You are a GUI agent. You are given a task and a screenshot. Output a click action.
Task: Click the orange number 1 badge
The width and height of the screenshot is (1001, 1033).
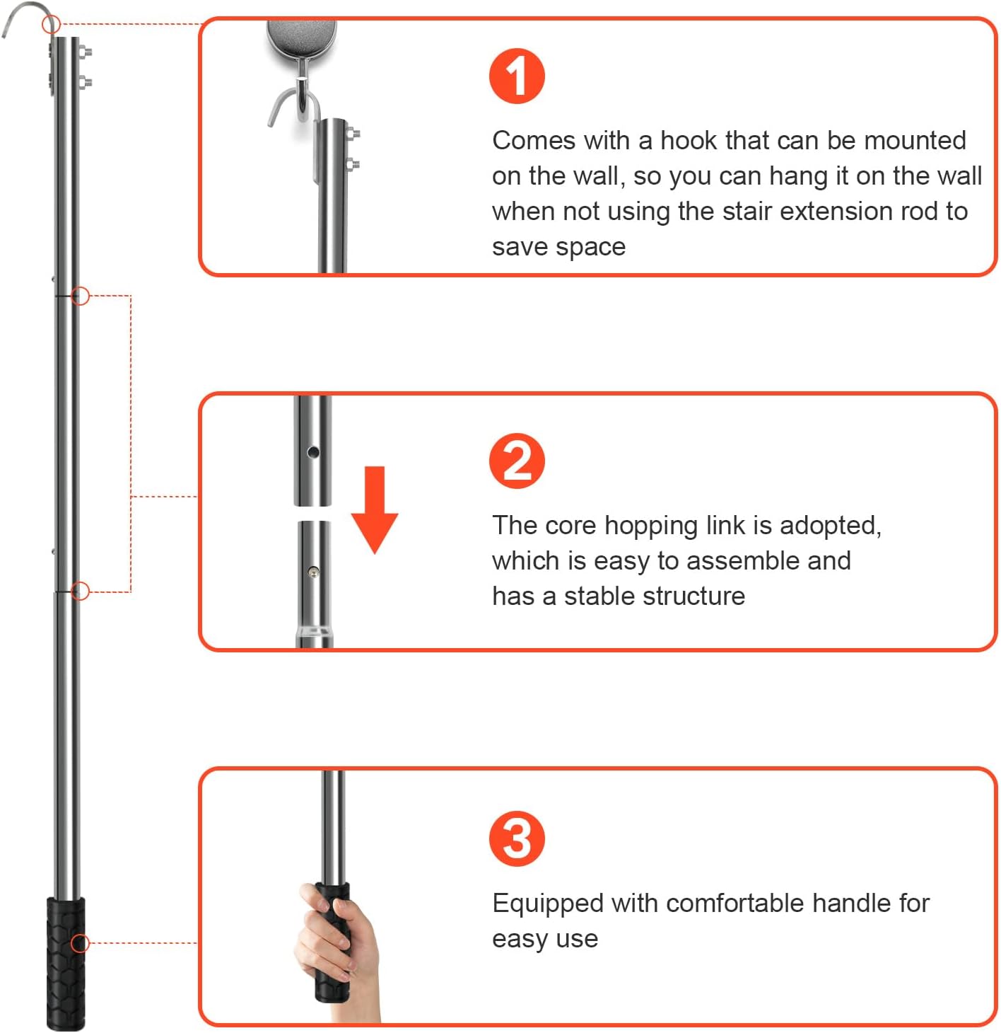(x=517, y=76)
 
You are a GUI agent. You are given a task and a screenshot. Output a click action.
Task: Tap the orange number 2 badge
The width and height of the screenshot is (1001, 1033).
(x=517, y=460)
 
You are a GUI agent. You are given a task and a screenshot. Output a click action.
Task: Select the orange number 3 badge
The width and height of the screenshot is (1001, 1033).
(x=517, y=838)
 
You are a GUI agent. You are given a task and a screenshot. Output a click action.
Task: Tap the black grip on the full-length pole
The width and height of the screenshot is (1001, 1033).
(x=66, y=964)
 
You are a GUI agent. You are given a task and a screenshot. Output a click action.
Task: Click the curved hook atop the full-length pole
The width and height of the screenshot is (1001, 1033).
(x=27, y=16)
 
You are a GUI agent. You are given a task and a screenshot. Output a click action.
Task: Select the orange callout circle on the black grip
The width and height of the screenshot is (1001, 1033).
(x=80, y=943)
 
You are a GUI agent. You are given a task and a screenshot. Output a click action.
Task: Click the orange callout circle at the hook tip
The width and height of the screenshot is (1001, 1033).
(x=52, y=24)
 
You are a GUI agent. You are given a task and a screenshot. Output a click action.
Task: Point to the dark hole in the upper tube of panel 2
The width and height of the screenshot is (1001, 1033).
(x=313, y=452)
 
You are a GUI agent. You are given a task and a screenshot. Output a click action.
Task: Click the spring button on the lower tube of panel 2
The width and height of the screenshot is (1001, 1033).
(x=313, y=571)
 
